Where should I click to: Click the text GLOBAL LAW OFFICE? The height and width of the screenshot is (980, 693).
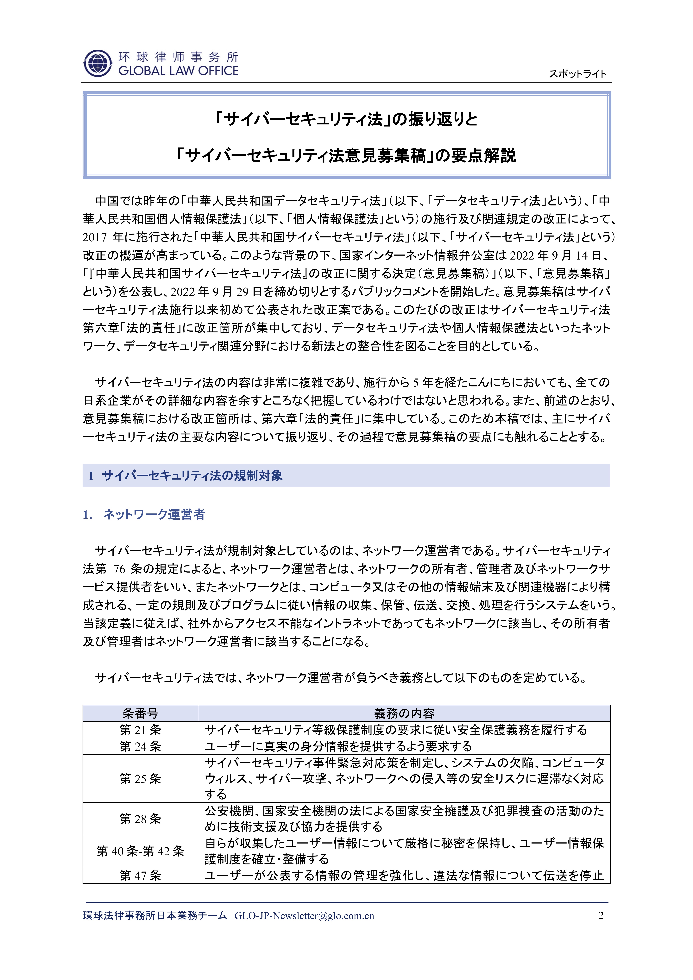pos(178,71)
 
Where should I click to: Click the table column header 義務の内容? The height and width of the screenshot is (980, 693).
pos(404,713)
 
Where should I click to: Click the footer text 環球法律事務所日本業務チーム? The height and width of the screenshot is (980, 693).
pos(155,916)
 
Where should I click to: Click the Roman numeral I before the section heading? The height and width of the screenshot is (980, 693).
pos(91,476)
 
